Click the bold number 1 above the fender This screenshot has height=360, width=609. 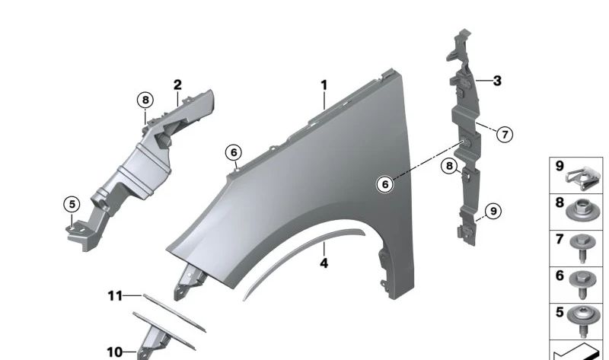coord(324,84)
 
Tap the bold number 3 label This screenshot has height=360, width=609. coord(497,80)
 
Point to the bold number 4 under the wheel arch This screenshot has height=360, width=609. coord(324,263)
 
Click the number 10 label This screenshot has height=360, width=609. coord(114,352)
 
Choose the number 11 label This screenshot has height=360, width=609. coord(114,295)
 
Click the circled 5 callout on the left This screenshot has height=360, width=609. coord(71,204)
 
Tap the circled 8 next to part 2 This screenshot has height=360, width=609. coord(145,99)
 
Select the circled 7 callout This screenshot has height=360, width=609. coord(503,135)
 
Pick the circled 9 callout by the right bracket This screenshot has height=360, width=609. coord(493,211)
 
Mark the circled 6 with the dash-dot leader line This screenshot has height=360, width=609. coord(386,183)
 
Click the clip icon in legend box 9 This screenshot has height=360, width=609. coord(584,176)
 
